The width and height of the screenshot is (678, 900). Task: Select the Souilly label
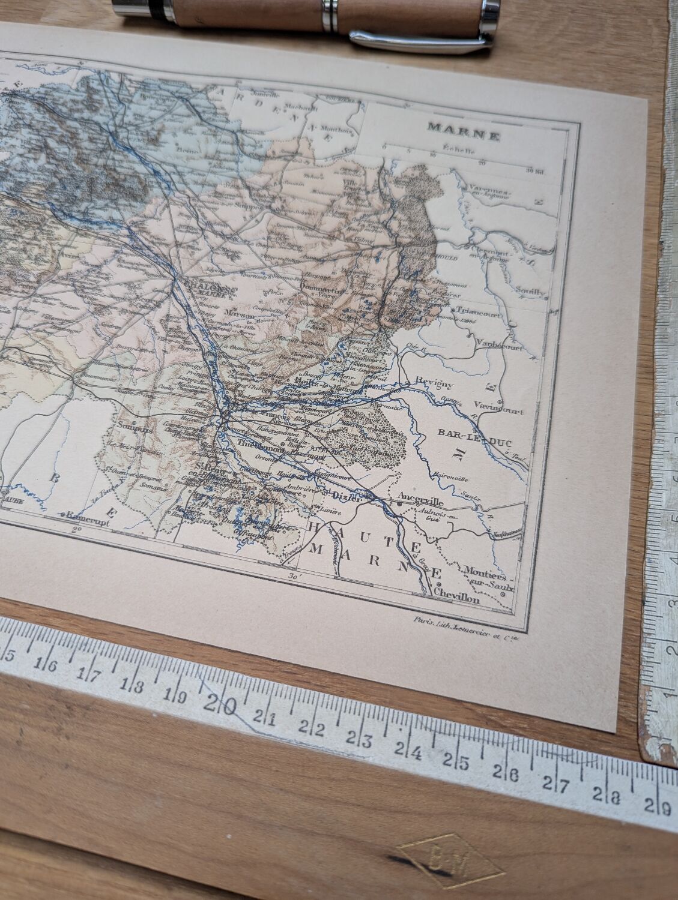point(530,292)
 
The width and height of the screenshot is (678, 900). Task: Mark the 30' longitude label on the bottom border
point(294,577)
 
